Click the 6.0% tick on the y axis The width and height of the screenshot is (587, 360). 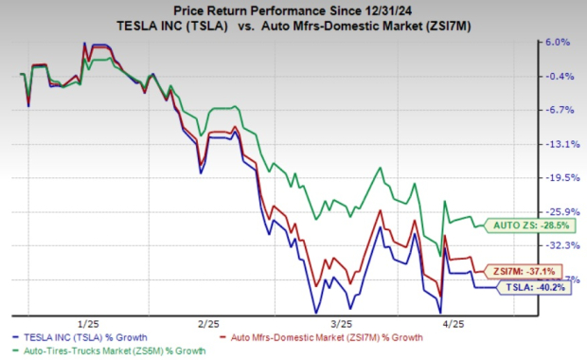559,43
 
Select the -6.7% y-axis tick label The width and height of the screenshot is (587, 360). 558,110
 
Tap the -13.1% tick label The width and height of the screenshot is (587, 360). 557,144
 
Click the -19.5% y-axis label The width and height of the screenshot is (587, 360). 557,177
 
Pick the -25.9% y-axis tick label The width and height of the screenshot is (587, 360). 557,211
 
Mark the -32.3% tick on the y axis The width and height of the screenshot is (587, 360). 557,244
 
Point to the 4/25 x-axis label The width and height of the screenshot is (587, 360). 460,322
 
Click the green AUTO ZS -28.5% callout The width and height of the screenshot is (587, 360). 530,225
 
